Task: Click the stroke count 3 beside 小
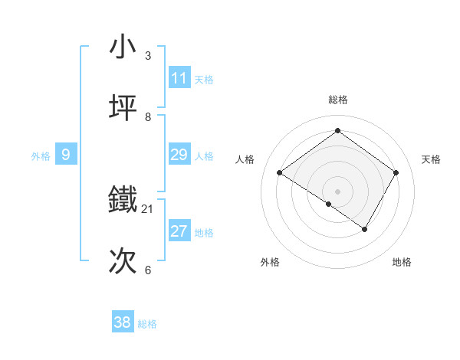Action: pos(148,55)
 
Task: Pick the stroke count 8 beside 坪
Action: pos(148,117)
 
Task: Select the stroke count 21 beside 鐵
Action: pos(148,208)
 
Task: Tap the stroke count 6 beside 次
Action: pos(148,270)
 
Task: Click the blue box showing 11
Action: pos(179,78)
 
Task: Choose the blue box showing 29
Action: pos(179,155)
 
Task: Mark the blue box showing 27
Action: pos(179,231)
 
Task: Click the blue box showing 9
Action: pos(66,155)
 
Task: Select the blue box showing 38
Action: pos(123,322)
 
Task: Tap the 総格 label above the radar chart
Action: pos(338,100)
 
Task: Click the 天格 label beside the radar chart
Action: pos(431,159)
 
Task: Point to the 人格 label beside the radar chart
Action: pos(245,159)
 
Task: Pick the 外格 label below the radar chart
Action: pos(270,262)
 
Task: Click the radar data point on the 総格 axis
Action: pos(337,131)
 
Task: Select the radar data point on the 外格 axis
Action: pos(329,204)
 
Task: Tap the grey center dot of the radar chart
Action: pos(337,191)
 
